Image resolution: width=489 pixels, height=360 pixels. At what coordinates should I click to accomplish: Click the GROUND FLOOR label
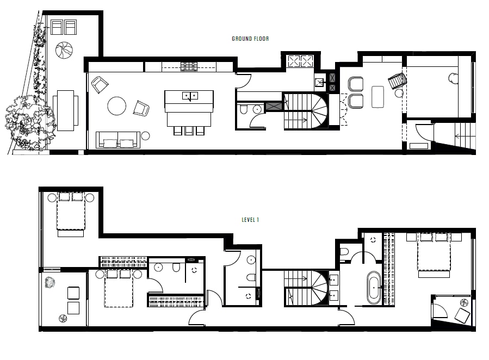tap(250, 39)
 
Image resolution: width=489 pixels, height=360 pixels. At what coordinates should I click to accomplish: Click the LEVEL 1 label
tap(250, 220)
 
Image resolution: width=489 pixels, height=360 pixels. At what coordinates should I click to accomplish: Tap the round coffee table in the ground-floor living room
tap(116, 106)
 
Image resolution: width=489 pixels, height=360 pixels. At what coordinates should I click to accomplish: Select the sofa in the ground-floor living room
tap(118, 140)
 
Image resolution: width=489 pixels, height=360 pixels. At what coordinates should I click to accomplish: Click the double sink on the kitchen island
tap(190, 96)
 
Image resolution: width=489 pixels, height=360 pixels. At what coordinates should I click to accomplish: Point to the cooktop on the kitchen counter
tap(189, 67)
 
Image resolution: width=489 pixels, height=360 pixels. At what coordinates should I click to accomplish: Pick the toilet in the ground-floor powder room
tap(244, 109)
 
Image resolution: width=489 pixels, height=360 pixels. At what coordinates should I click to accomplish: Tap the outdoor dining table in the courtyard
tap(65, 110)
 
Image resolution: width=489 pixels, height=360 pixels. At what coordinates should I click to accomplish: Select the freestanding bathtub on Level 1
tap(374, 288)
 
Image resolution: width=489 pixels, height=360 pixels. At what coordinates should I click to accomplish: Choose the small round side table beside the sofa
tap(145, 136)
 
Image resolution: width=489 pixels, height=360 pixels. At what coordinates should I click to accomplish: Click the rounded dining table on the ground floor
tap(377, 97)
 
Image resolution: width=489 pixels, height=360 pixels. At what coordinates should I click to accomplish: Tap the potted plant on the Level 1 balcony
tap(50, 283)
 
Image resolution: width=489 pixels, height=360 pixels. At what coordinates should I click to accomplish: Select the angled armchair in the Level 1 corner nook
tap(462, 315)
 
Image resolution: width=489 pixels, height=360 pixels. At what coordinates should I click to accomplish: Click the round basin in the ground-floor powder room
tap(257, 109)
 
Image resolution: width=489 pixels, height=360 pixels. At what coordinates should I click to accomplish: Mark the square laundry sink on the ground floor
tap(319, 82)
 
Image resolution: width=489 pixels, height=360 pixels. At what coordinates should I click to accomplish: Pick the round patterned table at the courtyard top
tap(64, 50)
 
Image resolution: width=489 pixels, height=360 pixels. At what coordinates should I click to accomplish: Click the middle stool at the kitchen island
tap(189, 131)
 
